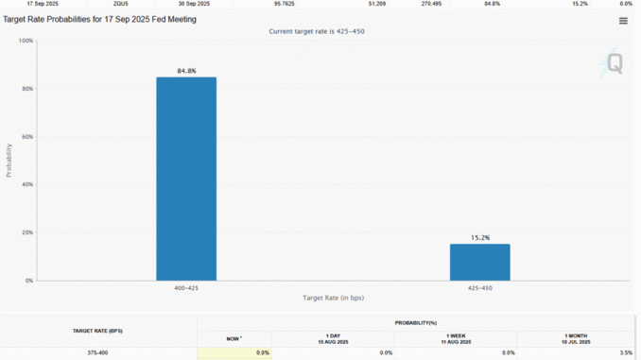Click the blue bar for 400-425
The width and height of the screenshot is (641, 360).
[x=186, y=179]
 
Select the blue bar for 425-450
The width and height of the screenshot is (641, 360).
[x=479, y=262]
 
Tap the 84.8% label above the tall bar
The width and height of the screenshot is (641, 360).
[x=186, y=71]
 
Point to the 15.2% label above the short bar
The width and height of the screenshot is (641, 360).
[x=479, y=237]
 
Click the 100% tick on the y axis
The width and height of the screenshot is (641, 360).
[x=26, y=41]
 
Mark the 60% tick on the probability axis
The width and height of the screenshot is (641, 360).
[x=27, y=137]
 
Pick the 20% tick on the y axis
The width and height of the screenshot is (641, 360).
[x=27, y=232]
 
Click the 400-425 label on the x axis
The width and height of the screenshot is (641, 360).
[x=186, y=287]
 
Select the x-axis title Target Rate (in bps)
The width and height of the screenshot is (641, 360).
[x=333, y=298]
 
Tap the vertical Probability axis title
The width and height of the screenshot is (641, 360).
[x=9, y=161]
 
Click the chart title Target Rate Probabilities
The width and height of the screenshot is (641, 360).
[x=100, y=19]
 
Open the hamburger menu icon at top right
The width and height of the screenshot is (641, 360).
[x=623, y=21]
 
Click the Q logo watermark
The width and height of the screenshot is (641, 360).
[x=613, y=64]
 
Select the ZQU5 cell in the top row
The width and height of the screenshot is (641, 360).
[x=121, y=4]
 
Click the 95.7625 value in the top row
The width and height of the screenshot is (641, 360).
[x=285, y=4]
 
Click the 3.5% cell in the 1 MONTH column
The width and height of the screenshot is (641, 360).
[x=625, y=352]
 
